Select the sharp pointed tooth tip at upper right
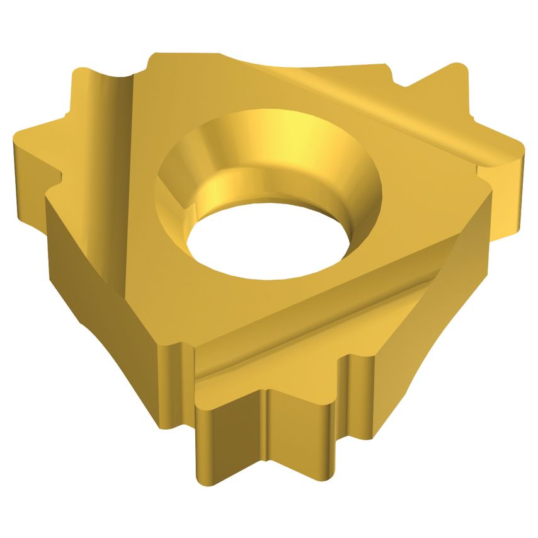click(x=454, y=64)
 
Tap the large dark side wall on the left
click(x=107, y=271)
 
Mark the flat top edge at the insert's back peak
click(x=189, y=57)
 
